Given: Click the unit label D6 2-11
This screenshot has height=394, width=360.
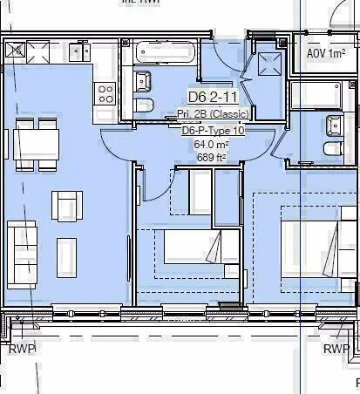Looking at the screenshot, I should tap(213, 98).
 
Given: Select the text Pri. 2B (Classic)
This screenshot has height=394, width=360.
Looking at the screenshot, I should tap(214, 114).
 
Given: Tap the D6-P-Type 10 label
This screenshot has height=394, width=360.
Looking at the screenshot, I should tap(214, 130).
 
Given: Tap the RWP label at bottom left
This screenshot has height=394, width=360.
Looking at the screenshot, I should tap(22, 349).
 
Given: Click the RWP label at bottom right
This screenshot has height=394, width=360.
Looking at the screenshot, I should tap(336, 349).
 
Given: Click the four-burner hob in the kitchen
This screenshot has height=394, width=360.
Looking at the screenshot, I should tap(106, 92).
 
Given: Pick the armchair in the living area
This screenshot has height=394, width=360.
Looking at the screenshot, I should tap(67, 206).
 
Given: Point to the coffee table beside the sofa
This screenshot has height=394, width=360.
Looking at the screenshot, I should tap(67, 255).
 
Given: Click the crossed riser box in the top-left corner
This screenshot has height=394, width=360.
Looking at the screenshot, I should tap(16, 51).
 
